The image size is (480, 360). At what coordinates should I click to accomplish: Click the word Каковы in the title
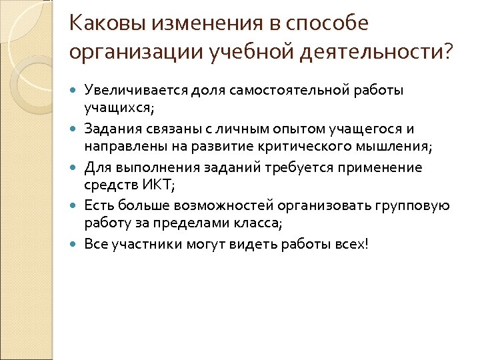tap(107, 25)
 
